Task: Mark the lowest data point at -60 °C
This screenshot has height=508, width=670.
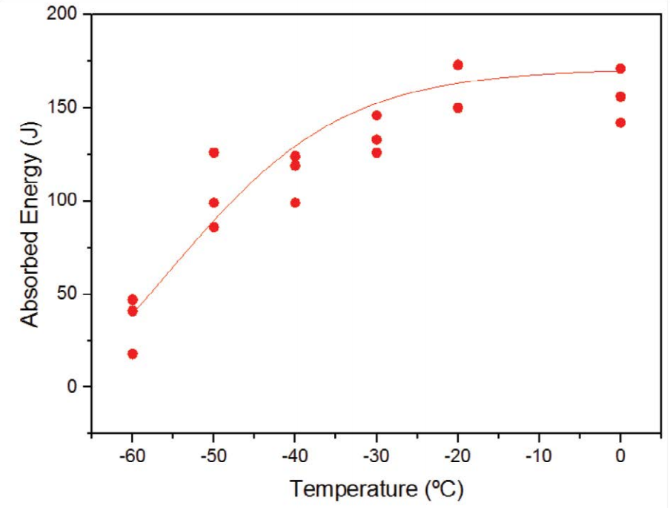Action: (x=133, y=354)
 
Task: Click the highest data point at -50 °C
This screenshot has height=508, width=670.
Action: (x=213, y=152)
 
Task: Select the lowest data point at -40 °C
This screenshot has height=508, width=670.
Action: (x=295, y=202)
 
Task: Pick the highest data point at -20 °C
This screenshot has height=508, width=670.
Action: (x=458, y=65)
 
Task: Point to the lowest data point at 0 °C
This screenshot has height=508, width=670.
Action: (x=620, y=122)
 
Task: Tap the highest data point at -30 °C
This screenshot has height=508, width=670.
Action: (x=377, y=115)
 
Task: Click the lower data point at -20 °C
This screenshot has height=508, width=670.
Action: (x=458, y=108)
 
